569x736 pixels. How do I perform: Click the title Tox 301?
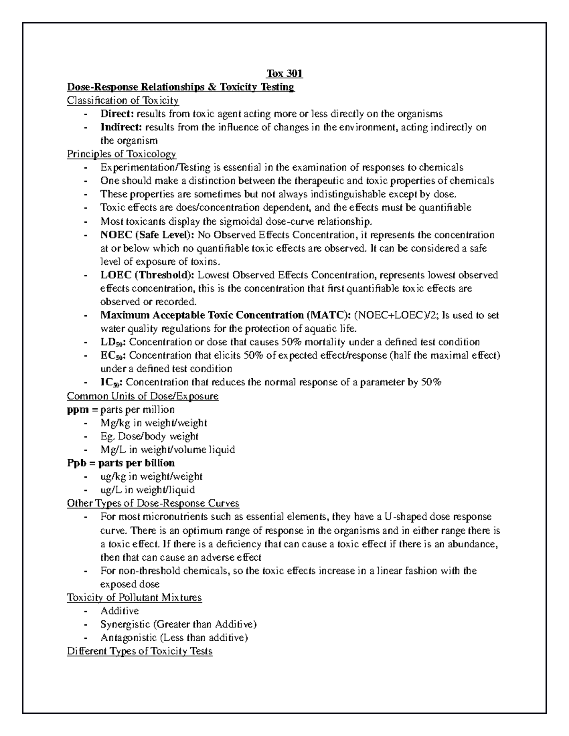[284, 73]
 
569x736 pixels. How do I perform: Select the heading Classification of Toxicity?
[123, 100]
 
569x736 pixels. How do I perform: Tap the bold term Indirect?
[121, 127]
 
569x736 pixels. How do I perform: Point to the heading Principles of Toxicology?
[121, 154]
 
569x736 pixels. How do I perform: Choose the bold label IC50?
[112, 382]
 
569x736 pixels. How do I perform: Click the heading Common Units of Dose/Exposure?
[143, 396]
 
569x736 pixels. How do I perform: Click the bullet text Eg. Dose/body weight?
[149, 436]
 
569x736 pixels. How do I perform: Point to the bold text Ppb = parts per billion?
[121, 463]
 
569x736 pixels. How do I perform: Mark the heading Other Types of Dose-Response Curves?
[153, 503]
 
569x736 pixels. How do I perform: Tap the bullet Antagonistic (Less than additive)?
[174, 637]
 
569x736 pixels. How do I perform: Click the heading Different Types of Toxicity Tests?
[140, 651]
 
